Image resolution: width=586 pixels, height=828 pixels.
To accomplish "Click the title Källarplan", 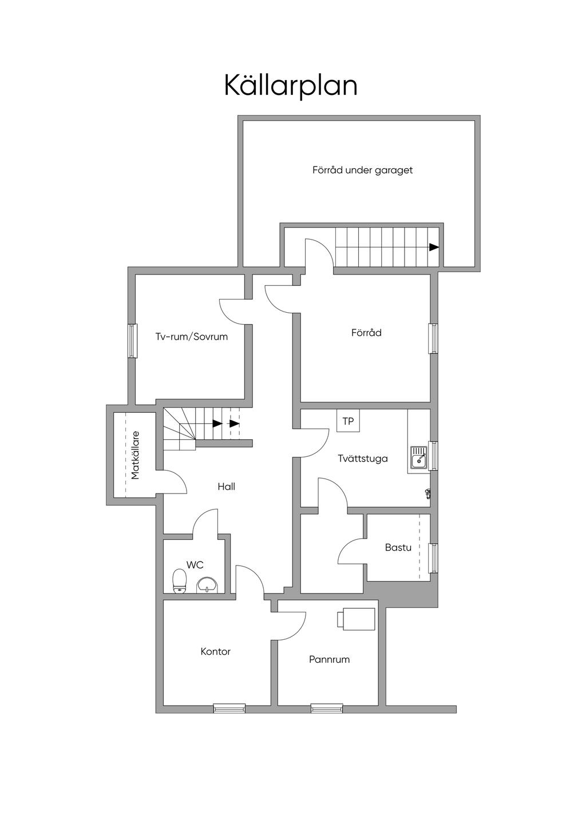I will [x=291, y=86].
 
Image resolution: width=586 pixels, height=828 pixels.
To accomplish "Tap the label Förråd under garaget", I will [x=362, y=170].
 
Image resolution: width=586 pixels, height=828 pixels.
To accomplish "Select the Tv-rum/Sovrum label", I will [x=192, y=337].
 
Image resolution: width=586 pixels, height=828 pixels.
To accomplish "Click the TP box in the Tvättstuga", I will [x=348, y=421].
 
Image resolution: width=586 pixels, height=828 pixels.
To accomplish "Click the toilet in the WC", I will [x=180, y=582].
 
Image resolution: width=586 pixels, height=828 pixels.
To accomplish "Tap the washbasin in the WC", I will [x=207, y=585].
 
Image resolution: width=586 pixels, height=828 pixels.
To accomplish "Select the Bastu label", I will [x=398, y=547].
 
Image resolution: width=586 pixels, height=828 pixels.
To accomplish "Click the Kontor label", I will [x=216, y=651].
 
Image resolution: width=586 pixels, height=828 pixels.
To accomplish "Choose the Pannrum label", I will [x=329, y=659].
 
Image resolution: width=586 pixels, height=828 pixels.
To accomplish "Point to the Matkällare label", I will [x=135, y=455].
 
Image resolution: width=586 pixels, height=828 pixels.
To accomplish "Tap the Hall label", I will [x=226, y=487].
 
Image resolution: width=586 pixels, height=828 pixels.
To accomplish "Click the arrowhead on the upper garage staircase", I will [x=434, y=247].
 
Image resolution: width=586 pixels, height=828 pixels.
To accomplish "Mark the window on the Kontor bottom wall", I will [x=229, y=708].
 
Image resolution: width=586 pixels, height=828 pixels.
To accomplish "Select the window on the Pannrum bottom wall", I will [x=327, y=708].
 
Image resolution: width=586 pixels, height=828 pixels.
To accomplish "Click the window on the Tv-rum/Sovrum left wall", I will [x=133, y=341].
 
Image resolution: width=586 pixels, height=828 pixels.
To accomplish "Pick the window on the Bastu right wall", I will [x=433, y=558].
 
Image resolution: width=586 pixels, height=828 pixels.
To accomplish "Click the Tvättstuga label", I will [x=362, y=459].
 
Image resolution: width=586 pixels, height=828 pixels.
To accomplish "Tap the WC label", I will [x=195, y=565].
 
